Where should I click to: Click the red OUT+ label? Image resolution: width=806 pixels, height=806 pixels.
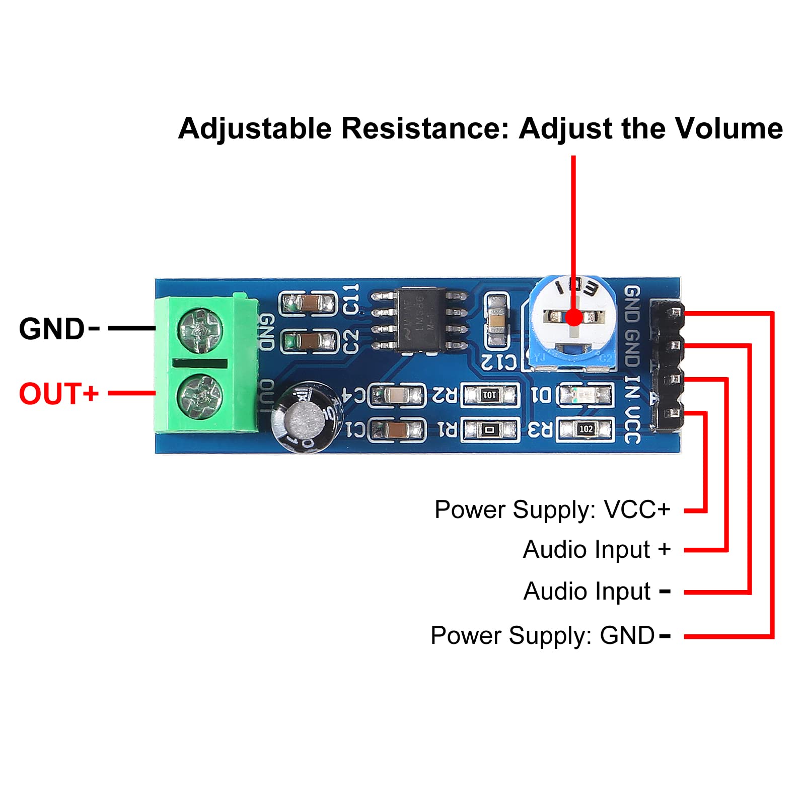point(58,394)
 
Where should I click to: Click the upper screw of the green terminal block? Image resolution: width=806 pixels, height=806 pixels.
point(200,331)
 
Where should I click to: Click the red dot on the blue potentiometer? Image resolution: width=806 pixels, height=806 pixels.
point(573,317)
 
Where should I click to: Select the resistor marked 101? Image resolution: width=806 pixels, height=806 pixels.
point(489,395)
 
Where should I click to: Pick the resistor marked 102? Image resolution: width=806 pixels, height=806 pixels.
point(585,429)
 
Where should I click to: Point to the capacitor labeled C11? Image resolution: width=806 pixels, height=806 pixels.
point(308,304)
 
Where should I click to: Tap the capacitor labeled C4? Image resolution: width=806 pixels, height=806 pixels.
point(397,395)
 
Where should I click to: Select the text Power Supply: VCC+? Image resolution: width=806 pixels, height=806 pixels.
point(552,509)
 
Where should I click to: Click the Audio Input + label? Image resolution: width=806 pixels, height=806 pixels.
point(597,549)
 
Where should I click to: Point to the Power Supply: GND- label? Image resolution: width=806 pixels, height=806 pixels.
point(550,635)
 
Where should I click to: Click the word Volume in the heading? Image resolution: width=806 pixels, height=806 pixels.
point(728,128)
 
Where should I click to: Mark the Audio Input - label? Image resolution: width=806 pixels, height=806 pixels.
point(597,591)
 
